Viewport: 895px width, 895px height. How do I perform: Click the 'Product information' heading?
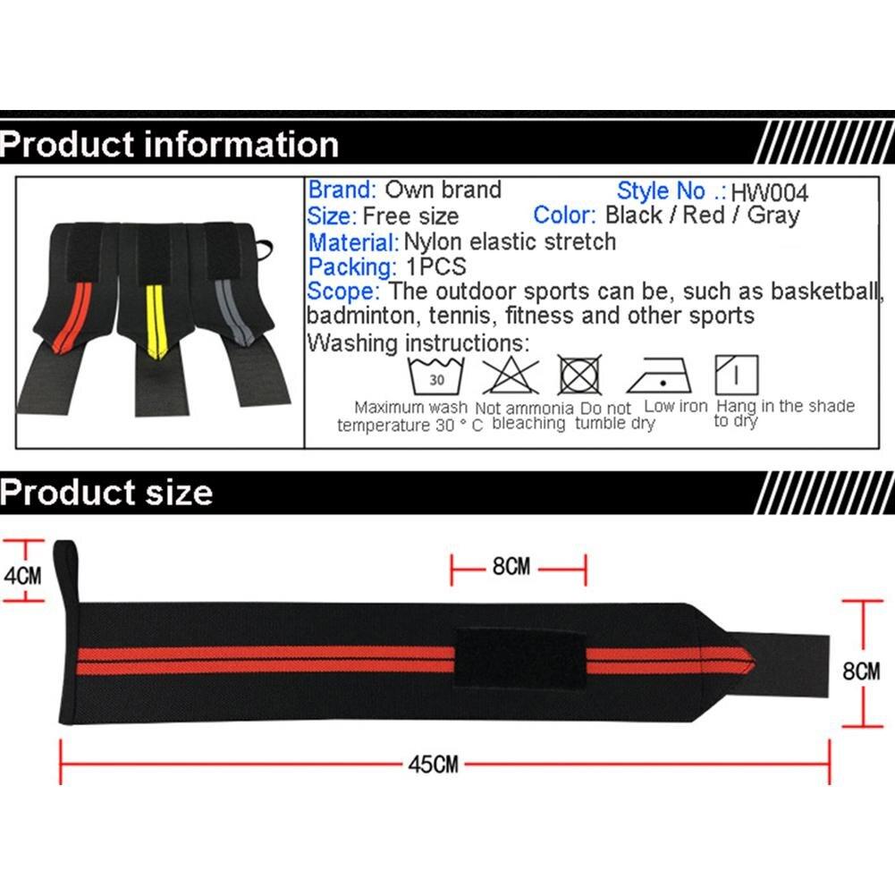click(x=169, y=144)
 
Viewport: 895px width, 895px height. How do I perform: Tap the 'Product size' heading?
click(x=106, y=492)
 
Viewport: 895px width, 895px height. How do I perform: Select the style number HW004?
click(x=769, y=193)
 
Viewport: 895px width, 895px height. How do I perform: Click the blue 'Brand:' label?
click(x=342, y=190)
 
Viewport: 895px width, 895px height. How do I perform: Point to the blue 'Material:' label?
click(x=353, y=242)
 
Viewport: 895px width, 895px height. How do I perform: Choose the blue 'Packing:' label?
click(x=352, y=267)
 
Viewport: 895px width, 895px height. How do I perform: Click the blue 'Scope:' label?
click(x=343, y=291)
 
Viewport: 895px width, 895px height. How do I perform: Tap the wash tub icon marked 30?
click(x=436, y=376)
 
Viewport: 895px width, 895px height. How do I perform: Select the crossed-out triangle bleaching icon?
click(x=511, y=376)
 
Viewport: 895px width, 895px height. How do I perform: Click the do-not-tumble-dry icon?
click(x=579, y=375)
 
